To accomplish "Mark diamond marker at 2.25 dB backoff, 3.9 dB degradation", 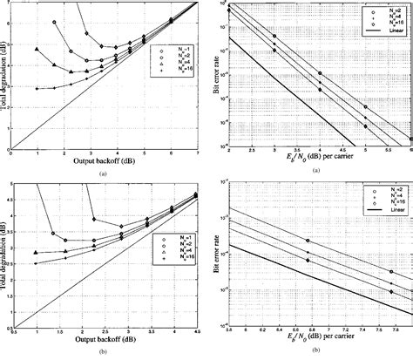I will pos(93,221).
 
